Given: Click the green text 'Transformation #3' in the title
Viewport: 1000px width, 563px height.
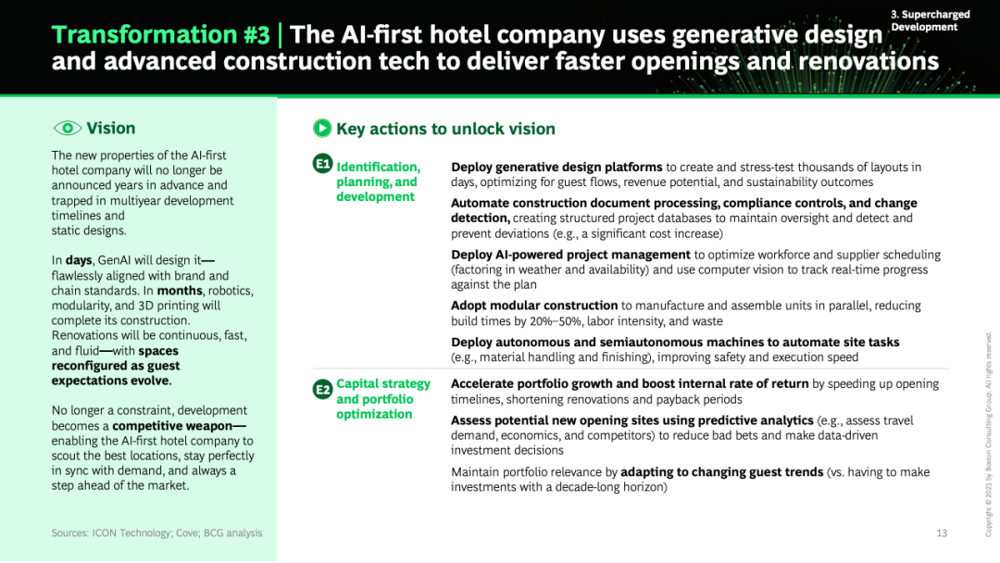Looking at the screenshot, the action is tap(161, 34).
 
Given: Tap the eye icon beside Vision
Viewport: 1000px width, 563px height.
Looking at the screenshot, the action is tap(67, 128).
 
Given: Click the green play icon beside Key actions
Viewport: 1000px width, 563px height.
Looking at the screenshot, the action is tap(322, 128).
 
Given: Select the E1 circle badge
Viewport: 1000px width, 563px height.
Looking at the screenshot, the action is tap(323, 164).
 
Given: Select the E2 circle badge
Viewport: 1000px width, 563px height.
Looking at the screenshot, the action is tap(323, 389).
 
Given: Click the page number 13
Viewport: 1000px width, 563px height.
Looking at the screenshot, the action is tap(942, 533).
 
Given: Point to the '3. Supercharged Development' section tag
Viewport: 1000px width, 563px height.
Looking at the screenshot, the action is tap(930, 20).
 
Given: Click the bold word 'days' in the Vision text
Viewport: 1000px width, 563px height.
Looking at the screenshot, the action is tap(79, 260).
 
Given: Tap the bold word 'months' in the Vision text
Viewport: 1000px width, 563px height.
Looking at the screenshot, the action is tap(180, 291).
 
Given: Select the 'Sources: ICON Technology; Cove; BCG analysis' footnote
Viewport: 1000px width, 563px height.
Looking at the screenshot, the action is tap(156, 533).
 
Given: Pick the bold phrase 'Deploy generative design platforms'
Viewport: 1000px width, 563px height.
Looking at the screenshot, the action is tap(556, 167).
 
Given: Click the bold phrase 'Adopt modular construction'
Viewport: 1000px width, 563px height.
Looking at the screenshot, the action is tap(534, 306).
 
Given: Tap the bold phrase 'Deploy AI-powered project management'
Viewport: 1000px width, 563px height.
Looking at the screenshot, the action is tap(570, 255).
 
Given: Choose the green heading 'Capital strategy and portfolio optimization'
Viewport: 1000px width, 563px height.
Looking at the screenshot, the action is tap(383, 399).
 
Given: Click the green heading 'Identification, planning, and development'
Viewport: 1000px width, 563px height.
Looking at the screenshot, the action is tap(378, 181).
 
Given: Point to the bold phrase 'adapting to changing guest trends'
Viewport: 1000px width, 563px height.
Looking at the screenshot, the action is tap(722, 472).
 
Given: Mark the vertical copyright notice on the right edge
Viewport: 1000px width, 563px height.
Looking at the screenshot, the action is tap(989, 434).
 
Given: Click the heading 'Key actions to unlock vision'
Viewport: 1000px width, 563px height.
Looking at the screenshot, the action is tap(445, 129).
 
